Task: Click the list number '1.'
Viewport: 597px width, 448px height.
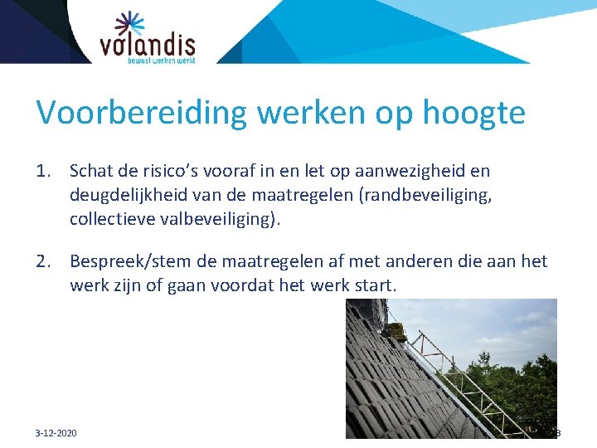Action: click(46, 172)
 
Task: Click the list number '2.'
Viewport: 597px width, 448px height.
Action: click(46, 262)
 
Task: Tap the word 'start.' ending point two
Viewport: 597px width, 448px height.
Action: click(376, 285)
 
